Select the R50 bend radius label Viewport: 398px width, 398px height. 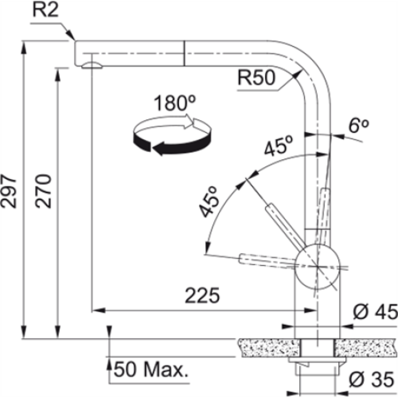point(257,78)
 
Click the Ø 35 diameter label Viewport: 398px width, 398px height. point(370,380)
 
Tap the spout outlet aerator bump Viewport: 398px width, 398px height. point(92,66)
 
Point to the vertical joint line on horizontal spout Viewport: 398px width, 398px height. point(184,53)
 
